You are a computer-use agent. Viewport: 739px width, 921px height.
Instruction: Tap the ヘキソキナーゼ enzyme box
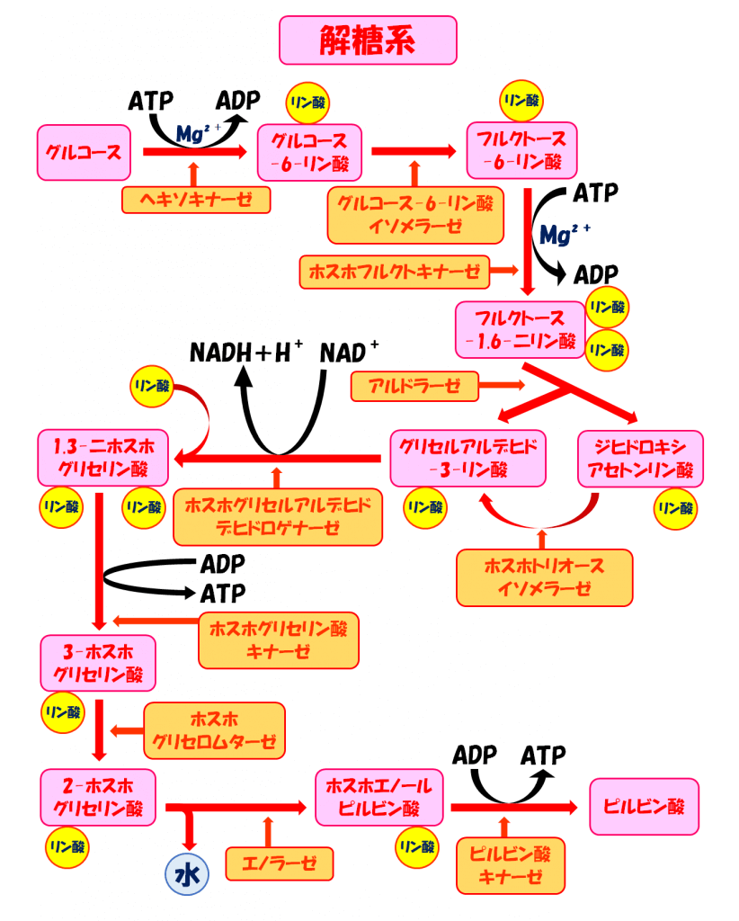195,198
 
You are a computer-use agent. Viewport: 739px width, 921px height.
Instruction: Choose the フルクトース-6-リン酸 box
521,151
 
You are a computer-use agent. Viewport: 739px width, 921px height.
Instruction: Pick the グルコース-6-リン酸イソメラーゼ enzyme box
414,214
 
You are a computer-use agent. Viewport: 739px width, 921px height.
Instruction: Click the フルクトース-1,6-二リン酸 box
521,329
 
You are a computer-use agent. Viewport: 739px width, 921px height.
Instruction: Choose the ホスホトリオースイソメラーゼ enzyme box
544,577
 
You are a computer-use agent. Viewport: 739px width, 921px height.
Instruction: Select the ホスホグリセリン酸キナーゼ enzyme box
278,639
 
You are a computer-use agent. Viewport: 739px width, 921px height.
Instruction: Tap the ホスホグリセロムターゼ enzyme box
214,730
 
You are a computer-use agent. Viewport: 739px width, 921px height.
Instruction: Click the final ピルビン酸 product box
643,805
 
